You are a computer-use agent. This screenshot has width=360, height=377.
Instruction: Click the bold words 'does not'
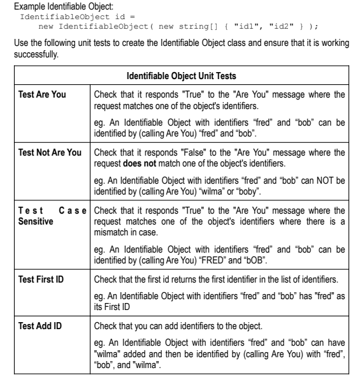[143, 164]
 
